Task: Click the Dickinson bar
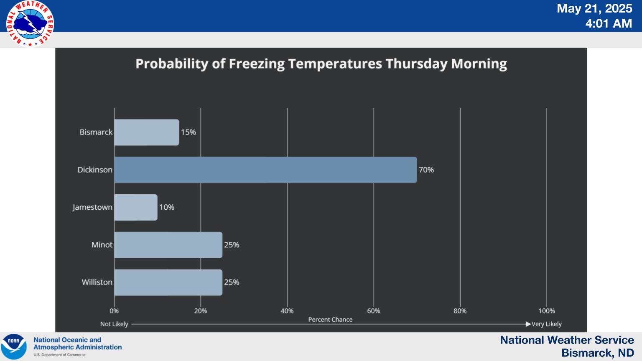click(x=265, y=170)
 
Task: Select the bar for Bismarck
click(x=147, y=132)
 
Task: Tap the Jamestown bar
click(x=136, y=207)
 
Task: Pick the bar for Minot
click(x=168, y=245)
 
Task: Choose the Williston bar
click(x=168, y=282)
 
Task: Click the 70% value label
click(x=426, y=170)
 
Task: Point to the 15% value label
click(x=189, y=132)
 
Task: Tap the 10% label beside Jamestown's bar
click(x=167, y=207)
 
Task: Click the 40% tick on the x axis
click(x=287, y=311)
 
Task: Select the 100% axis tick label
click(x=547, y=311)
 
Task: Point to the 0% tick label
click(x=114, y=311)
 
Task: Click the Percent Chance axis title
click(x=330, y=320)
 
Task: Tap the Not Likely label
click(x=114, y=324)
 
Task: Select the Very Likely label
click(x=547, y=324)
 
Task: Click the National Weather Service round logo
click(x=30, y=24)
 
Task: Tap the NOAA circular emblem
click(x=13, y=346)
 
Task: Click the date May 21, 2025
click(x=594, y=8)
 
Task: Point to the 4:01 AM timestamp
click(x=609, y=23)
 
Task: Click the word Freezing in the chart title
click(x=257, y=64)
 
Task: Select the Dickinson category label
click(x=95, y=170)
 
